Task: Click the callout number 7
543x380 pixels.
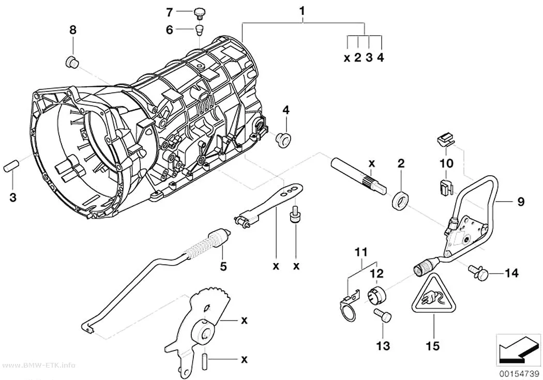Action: tap(169, 13)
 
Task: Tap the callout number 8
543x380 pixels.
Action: tap(73, 30)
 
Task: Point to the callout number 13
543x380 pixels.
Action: tap(383, 346)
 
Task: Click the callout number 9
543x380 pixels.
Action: tap(521, 202)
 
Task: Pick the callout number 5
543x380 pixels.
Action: tap(223, 266)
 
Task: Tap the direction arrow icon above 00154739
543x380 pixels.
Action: tap(517, 350)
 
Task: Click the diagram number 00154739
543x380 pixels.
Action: tap(519, 374)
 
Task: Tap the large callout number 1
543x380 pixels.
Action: tap(302, 11)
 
